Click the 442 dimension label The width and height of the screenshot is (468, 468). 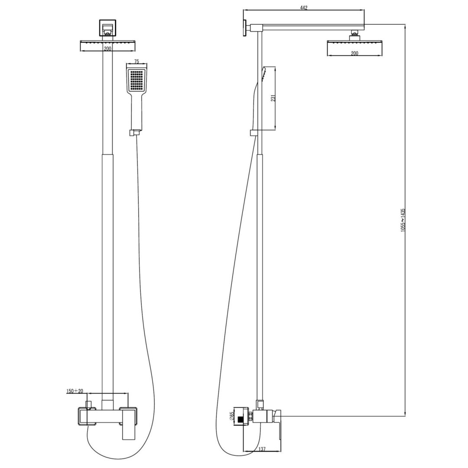[303, 8]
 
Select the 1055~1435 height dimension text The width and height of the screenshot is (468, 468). [403, 221]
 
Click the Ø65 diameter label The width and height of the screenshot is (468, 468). [232, 416]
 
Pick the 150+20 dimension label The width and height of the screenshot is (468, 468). [75, 391]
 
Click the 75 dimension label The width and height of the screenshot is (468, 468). [136, 62]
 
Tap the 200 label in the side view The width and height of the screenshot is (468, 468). [354, 53]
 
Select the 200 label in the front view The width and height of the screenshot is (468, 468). [107, 49]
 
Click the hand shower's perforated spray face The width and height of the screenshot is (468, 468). [136, 81]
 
